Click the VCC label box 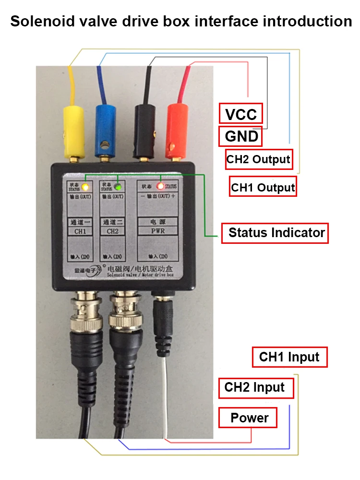tap(241, 114)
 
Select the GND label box tap(241, 137)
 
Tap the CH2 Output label tap(259, 159)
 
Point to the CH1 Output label tap(263, 187)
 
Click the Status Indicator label tap(276, 233)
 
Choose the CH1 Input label tap(289, 357)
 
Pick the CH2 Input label tap(255, 387)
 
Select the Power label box tap(249, 418)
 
